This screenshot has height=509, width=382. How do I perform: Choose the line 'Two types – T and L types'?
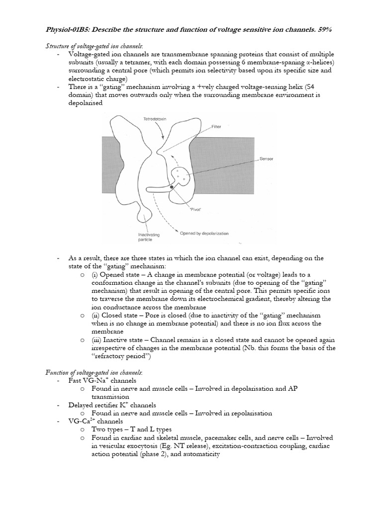pos(135,429)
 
